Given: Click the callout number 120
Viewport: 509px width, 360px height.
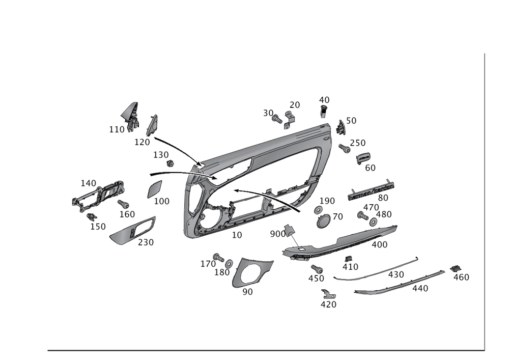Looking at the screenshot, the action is click(x=143, y=142).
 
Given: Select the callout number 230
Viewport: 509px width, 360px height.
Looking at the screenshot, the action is click(x=146, y=243).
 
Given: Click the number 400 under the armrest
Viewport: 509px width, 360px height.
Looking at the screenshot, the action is click(x=380, y=245).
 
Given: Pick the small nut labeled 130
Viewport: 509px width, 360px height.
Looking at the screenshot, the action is click(x=171, y=164).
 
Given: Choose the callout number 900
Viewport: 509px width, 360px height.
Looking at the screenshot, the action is click(x=277, y=234).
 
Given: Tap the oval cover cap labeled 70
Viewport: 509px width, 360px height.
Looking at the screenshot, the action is click(x=324, y=222).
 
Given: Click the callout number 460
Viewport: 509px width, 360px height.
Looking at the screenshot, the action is click(x=462, y=277).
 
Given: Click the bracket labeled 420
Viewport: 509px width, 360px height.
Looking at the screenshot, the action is click(x=328, y=294).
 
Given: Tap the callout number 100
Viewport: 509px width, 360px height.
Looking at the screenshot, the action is click(x=162, y=202).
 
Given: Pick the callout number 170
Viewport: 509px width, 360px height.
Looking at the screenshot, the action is click(x=207, y=264).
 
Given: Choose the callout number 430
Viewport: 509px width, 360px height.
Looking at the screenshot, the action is click(x=396, y=275).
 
